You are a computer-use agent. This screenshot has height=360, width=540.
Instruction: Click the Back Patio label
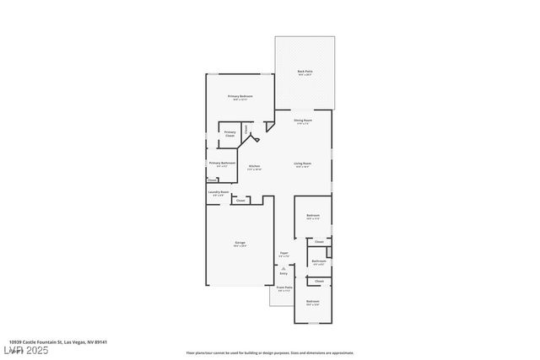tap(304, 72)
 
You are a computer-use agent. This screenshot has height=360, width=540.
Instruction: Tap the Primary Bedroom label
tap(240, 97)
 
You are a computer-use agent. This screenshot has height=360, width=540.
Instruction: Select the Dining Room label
tap(302, 121)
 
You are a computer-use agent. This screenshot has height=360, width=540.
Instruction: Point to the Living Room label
tap(303, 164)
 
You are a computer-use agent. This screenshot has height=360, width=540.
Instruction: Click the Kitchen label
tap(254, 166)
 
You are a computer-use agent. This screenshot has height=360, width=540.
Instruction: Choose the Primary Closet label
tap(229, 133)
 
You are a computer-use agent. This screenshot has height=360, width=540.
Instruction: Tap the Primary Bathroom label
tap(222, 163)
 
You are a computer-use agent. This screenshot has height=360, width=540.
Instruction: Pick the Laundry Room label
tap(219, 192)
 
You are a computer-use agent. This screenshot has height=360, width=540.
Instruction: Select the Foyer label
tap(284, 253)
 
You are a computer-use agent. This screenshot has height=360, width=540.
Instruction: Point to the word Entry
tap(283, 273)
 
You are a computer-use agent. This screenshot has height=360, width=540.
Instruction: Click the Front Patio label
tap(283, 287)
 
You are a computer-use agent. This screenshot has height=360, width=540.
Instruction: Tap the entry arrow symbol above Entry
tap(283, 266)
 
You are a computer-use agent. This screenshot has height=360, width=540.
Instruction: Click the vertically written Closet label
tap(246, 130)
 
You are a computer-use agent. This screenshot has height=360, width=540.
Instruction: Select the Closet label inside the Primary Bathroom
tap(211, 179)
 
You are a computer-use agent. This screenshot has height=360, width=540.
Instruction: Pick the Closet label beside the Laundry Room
tap(240, 201)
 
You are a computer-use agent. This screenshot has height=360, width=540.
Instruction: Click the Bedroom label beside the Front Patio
tap(313, 301)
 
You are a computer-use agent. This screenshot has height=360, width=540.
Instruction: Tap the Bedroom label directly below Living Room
tap(313, 216)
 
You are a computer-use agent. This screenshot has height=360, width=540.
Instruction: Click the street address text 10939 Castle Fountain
tap(58, 342)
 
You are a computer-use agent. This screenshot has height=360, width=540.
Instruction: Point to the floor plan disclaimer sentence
tap(269, 353)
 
